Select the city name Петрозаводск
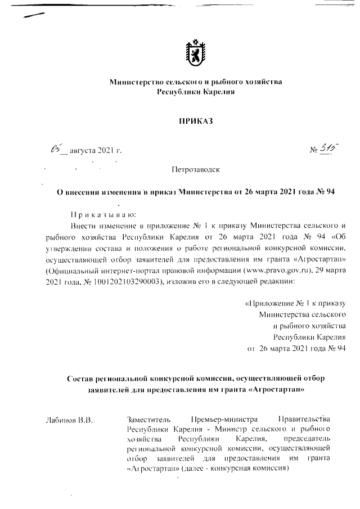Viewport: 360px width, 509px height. [196, 169]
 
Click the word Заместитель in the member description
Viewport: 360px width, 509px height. [149, 420]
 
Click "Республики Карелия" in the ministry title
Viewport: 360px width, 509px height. [195, 92]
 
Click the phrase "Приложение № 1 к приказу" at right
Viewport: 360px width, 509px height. [295, 304]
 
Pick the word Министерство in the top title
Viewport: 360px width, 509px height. [137, 82]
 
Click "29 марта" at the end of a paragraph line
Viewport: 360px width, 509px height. [332, 272]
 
